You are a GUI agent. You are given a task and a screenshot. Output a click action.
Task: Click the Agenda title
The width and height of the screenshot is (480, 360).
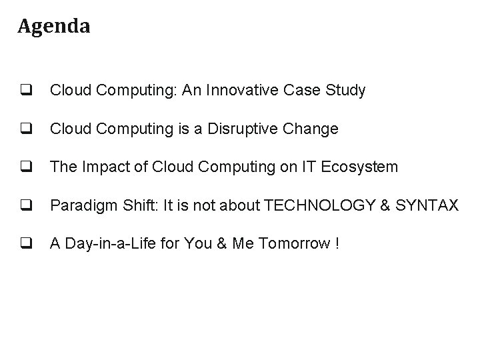coord(54,27)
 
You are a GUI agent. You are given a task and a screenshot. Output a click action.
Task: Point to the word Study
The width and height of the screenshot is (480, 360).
coord(347,91)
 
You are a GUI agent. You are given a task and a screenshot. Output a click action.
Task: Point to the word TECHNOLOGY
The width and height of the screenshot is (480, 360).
coord(315,205)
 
